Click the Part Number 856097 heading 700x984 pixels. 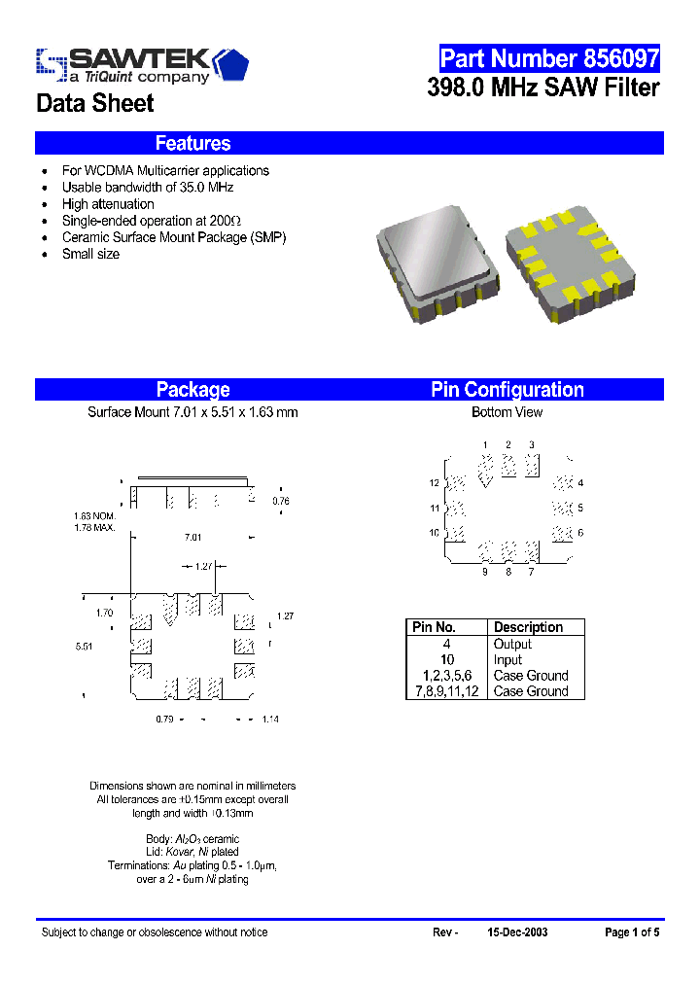point(549,58)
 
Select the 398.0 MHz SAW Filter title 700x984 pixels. point(543,88)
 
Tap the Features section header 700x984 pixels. point(192,143)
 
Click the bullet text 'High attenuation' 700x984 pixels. point(108,204)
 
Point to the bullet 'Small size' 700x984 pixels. point(90,254)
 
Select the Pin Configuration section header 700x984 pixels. point(507,390)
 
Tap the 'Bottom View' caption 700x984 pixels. point(507,412)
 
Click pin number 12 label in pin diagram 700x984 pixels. point(435,483)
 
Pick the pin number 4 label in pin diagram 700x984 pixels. point(580,483)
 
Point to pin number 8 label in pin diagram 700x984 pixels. point(507,572)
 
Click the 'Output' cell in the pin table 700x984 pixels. point(512,644)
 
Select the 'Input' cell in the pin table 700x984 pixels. point(507,659)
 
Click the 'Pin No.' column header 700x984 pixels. point(435,627)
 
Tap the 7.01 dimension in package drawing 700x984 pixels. point(192,537)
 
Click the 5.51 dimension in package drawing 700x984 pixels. point(84,645)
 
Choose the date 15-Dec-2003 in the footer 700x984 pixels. point(516,932)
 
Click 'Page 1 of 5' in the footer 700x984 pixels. point(632,932)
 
